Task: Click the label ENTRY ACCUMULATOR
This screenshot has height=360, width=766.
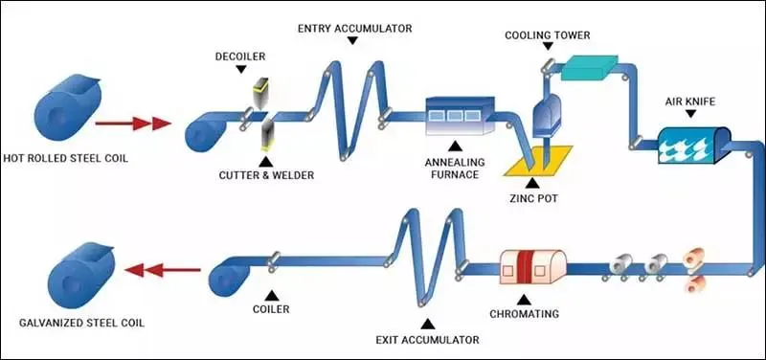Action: click(x=353, y=28)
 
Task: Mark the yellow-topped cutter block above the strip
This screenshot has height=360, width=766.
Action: click(x=256, y=94)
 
